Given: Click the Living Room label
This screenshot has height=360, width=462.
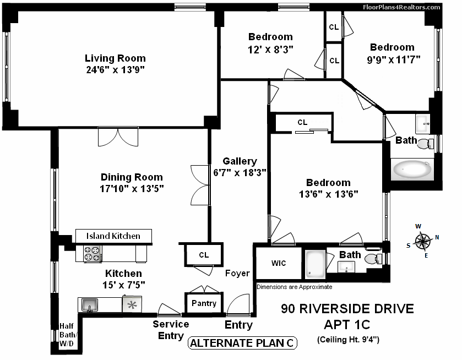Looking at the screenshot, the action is [115, 58].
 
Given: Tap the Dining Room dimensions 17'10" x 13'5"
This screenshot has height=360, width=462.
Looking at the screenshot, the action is [132, 188].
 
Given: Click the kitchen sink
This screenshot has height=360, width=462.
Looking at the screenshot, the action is [89, 304].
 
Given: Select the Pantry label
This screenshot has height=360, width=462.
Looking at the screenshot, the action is [204, 303].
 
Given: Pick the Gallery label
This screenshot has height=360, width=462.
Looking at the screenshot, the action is [240, 161].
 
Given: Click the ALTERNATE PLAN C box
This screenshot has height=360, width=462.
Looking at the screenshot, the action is [242, 343].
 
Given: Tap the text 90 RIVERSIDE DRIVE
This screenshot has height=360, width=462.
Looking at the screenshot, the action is [347, 308].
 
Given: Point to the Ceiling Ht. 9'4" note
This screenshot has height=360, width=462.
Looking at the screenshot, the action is [348, 340].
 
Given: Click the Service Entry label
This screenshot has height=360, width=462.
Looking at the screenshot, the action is [171, 330].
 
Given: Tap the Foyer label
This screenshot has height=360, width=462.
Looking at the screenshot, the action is [237, 273].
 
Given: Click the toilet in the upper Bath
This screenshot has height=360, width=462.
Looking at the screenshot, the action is [425, 144].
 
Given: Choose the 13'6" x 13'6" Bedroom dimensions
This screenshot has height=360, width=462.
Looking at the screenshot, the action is [328, 194].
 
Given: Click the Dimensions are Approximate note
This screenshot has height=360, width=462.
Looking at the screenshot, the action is [294, 287].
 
